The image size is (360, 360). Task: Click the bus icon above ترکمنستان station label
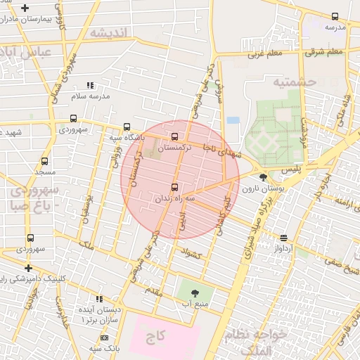[174, 136]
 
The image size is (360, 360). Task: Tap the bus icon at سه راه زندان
[174, 187]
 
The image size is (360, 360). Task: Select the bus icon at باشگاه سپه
[127, 127]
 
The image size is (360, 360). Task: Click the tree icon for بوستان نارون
[263, 177]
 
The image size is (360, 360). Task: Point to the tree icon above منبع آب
[195, 292]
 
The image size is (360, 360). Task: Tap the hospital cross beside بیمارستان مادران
[25, 8]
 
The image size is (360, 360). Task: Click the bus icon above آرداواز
[283, 238]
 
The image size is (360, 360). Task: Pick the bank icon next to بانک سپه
[104, 338]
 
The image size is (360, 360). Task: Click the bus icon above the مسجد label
[45, 161]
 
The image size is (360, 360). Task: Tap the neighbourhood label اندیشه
[112, 33]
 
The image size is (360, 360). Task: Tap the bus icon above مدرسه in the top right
[335, 16]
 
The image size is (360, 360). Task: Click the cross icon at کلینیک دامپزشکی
[28, 268]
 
